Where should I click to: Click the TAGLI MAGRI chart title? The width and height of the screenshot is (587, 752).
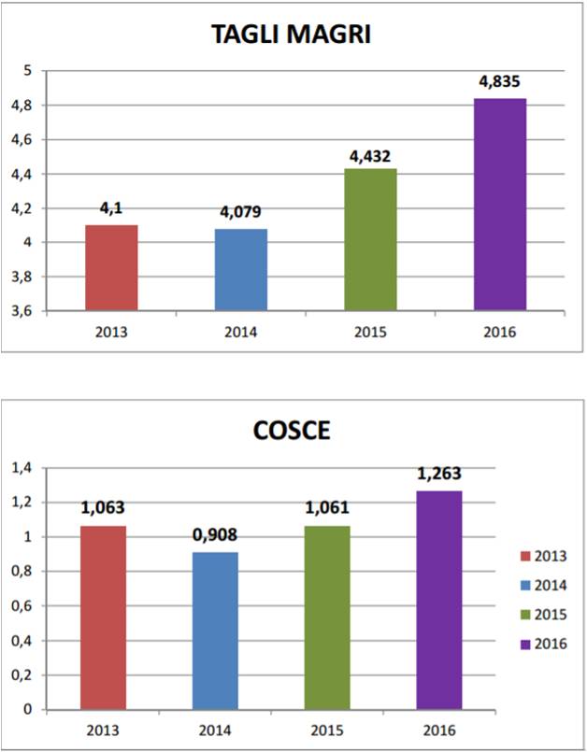pos(293,35)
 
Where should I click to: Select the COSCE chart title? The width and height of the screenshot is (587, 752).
pos(293,433)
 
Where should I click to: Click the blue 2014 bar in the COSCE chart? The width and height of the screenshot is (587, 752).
pos(215,631)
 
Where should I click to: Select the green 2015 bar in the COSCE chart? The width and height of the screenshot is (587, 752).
pos(326,617)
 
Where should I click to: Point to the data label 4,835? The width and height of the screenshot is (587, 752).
pos(499,82)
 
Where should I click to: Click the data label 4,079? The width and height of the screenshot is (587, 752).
pos(240,212)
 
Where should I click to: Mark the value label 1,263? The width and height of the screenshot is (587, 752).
pos(438,474)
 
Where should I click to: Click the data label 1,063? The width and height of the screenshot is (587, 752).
pos(103,509)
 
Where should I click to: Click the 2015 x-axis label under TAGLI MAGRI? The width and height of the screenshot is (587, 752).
pos(370,332)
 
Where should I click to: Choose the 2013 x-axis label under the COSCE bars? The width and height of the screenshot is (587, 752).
pos(103,729)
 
